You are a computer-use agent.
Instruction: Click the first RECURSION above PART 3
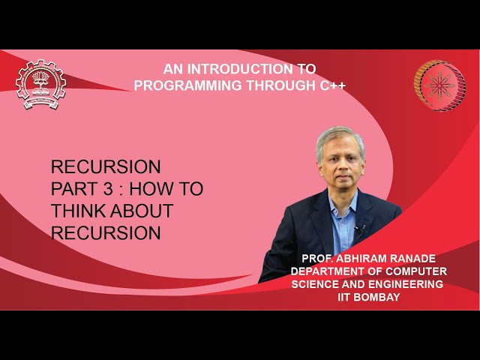pyautogui.click(x=106, y=166)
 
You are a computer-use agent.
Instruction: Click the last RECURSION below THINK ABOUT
pyautogui.click(x=106, y=233)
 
